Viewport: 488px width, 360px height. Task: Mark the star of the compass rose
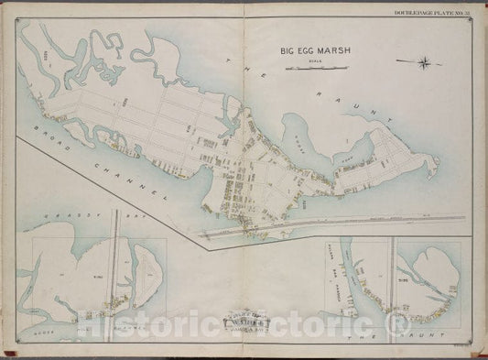pos(426,62)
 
